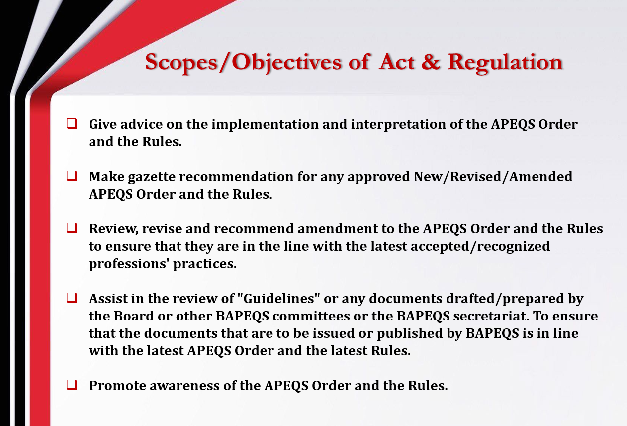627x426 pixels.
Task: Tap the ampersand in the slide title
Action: [x=430, y=62]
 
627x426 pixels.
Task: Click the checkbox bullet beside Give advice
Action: [x=72, y=123]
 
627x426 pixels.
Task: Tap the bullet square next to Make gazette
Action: [x=72, y=176]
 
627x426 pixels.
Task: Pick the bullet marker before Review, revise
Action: [x=72, y=228]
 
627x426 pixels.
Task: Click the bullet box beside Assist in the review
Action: [x=72, y=298]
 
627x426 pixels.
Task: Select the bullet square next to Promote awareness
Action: [x=72, y=385]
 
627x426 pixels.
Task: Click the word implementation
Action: [x=265, y=124]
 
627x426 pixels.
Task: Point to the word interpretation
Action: [x=398, y=124]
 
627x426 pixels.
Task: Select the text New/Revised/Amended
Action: [x=493, y=177]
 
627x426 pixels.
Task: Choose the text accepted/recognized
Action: [x=480, y=247]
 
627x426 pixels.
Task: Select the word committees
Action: [x=311, y=316]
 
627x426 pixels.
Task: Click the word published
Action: [x=410, y=334]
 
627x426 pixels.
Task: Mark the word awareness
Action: [x=184, y=386]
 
